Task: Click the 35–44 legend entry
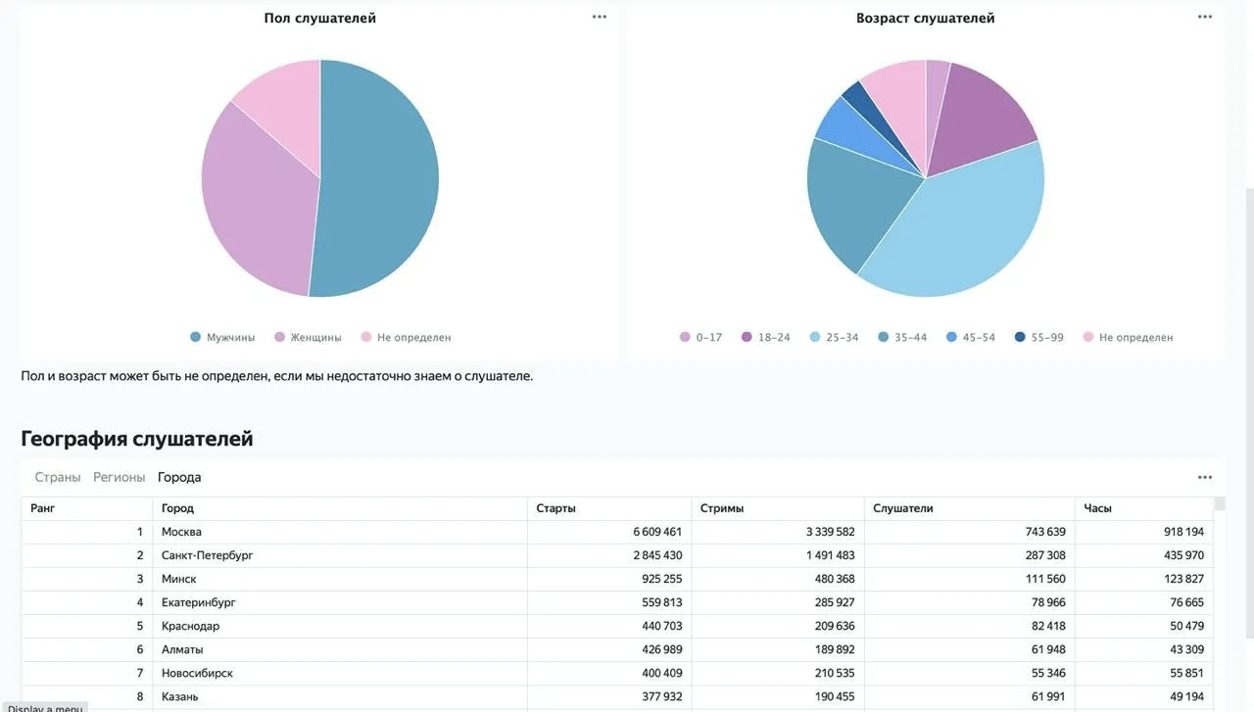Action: click(x=902, y=337)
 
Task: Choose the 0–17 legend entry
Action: click(x=700, y=337)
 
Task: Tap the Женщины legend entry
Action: click(x=308, y=337)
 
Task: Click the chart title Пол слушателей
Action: click(x=319, y=18)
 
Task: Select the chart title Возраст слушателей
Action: click(x=926, y=18)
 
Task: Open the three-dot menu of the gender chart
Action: click(x=599, y=17)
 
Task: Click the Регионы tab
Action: click(x=119, y=477)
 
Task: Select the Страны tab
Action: click(x=58, y=477)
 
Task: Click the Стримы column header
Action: click(x=722, y=508)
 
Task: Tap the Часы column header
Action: click(x=1097, y=508)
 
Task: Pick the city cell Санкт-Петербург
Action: click(x=207, y=555)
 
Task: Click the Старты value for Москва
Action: click(x=657, y=532)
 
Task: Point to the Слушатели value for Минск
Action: click(x=1045, y=579)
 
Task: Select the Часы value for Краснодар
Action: click(x=1186, y=626)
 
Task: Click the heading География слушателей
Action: click(x=136, y=439)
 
